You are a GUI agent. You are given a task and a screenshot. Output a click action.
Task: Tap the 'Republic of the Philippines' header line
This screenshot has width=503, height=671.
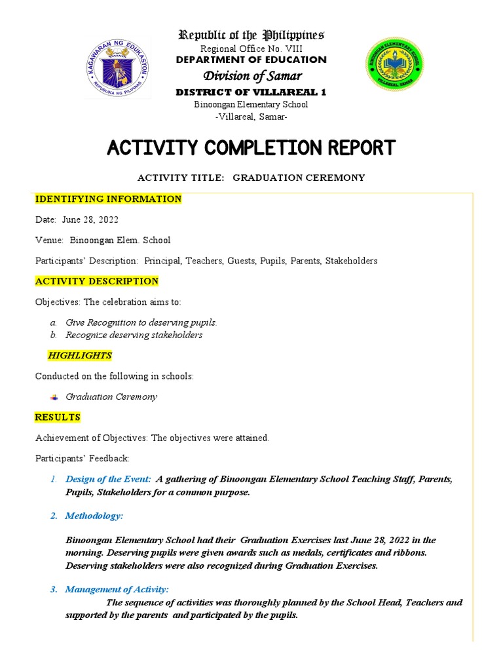[251, 35]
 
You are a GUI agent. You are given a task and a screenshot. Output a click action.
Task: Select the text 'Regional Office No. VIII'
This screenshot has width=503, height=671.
[251, 48]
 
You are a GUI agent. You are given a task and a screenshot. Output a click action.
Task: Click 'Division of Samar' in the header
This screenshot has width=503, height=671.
[251, 76]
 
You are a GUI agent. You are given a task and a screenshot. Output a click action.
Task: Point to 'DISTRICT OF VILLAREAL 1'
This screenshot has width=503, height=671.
[251, 92]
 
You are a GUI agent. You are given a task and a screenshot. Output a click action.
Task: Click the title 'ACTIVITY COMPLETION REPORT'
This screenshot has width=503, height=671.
[251, 147]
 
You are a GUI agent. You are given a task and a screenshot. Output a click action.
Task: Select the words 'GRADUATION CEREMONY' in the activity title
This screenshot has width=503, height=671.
[299, 178]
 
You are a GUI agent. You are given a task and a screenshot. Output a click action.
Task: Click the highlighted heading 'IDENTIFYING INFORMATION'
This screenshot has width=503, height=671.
[108, 199]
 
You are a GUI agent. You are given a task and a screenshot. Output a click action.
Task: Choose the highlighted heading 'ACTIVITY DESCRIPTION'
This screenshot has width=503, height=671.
[96, 281]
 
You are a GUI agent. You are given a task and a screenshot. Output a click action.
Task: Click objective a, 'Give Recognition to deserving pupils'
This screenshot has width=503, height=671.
[141, 322]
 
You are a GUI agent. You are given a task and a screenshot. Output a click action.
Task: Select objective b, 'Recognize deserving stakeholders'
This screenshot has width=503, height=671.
[134, 335]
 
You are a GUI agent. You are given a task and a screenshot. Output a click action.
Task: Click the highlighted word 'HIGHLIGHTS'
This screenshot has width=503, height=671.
[80, 355]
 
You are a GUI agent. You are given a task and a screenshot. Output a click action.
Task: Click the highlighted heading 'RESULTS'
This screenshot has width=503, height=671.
[58, 417]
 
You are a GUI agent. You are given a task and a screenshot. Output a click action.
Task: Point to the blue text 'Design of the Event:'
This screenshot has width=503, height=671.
[108, 479]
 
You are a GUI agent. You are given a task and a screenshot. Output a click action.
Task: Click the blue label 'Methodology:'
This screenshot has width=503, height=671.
[94, 516]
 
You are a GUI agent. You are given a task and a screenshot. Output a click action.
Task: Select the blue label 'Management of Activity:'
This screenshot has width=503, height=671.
[117, 590]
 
